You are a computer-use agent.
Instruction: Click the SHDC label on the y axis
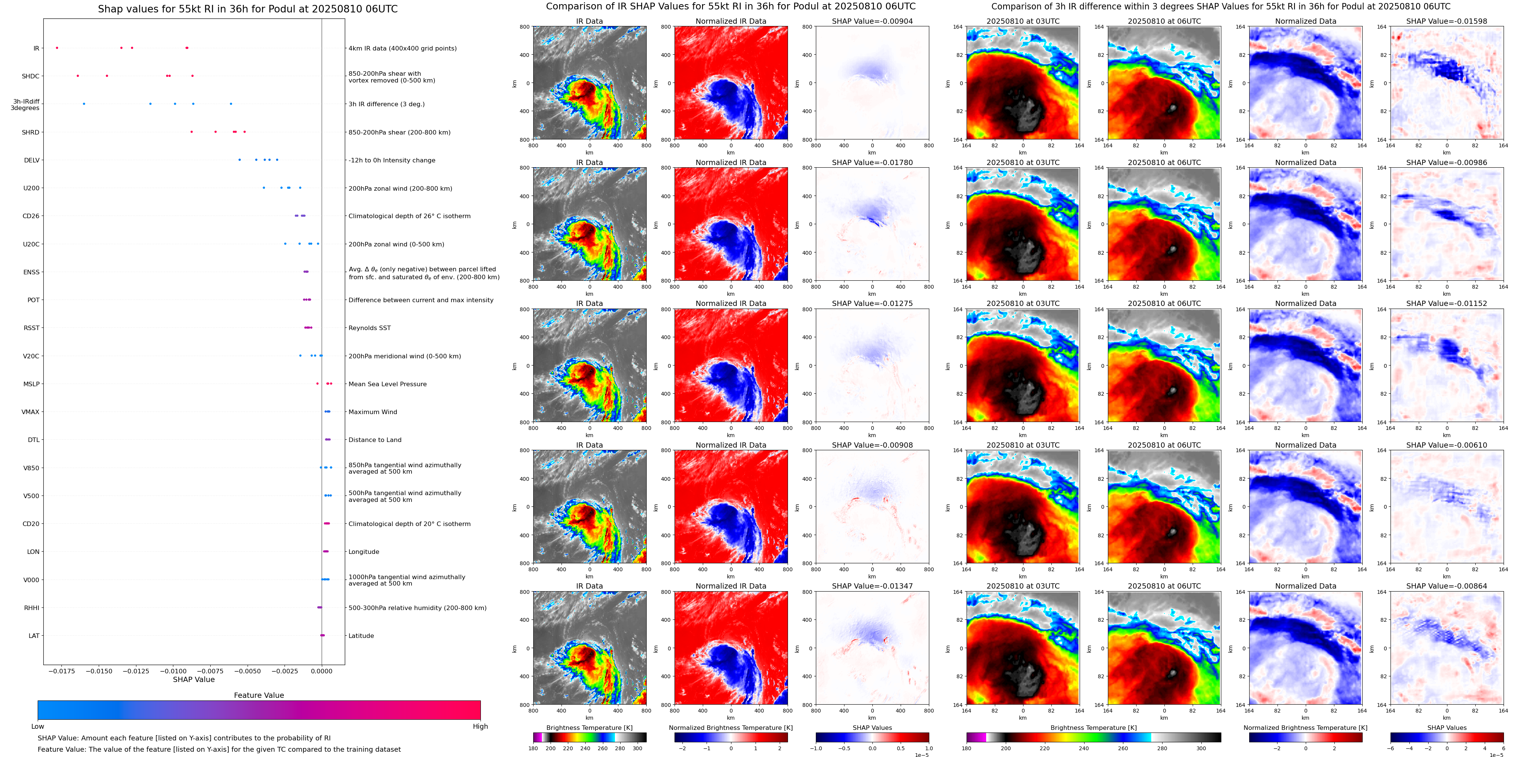tap(31, 76)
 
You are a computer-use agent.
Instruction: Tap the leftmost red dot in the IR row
tap(57, 47)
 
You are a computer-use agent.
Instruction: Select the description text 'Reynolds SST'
tap(369, 328)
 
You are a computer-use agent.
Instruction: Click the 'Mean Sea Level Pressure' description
tap(388, 384)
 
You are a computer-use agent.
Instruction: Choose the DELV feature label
tap(32, 160)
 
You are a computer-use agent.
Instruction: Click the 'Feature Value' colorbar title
tap(259, 695)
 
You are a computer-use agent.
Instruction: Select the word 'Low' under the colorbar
tap(38, 726)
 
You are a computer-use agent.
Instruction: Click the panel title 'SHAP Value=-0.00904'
tap(872, 21)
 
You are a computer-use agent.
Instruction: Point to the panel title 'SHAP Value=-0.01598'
tap(1447, 21)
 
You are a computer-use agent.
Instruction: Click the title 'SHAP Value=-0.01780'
tap(872, 163)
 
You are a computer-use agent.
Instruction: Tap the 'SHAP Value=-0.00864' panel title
tap(1447, 586)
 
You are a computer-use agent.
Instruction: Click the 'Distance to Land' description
tap(375, 440)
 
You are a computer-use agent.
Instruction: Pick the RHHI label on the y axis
tap(32, 608)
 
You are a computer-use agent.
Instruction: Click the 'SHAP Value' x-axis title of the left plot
tap(194, 679)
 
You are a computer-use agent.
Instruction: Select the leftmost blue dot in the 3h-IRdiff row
tap(84, 104)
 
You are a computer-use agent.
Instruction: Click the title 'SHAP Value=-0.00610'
tap(1447, 445)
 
